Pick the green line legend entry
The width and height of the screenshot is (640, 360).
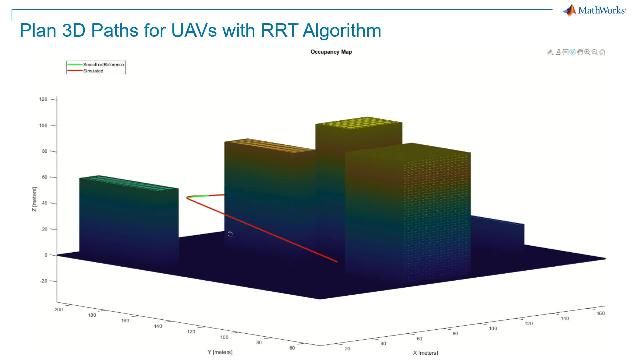click(95, 63)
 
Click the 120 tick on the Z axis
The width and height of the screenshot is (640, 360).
click(44, 100)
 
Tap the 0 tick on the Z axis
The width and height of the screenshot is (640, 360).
click(46, 255)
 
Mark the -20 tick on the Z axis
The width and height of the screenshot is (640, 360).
click(44, 281)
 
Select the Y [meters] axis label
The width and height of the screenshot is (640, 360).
click(222, 351)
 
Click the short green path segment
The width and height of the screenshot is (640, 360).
click(205, 195)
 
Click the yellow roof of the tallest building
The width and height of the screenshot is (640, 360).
click(358, 128)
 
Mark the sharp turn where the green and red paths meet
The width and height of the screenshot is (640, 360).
click(186, 197)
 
